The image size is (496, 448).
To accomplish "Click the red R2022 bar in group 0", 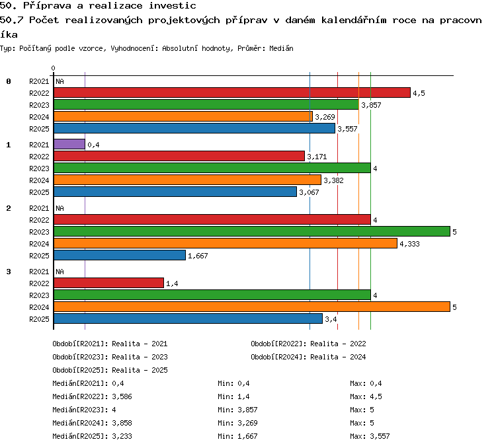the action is [x=232, y=93].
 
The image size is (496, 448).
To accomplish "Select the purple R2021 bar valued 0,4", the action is [x=69, y=145].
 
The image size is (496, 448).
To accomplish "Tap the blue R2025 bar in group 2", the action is [x=120, y=256].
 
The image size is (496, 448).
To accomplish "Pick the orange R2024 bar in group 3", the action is [x=252, y=307].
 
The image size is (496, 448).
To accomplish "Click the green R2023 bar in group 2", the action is [x=252, y=232].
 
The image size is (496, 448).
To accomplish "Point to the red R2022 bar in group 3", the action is [x=109, y=283].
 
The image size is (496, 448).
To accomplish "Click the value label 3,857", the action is [x=371, y=105].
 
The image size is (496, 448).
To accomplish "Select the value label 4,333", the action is [x=409, y=244].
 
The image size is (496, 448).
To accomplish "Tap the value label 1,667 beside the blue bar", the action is [x=198, y=256].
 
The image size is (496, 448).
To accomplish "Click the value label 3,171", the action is [x=317, y=157].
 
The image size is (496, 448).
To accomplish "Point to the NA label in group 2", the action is [x=60, y=208].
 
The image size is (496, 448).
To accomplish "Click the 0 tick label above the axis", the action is [x=53, y=68].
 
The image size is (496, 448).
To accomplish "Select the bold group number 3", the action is [x=9, y=272].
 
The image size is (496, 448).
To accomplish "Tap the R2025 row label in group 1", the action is [x=39, y=192].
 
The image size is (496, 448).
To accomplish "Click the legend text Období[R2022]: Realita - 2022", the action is [x=308, y=344].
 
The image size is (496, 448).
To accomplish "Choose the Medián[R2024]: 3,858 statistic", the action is [x=92, y=423].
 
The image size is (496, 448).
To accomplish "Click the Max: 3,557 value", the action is [x=370, y=436].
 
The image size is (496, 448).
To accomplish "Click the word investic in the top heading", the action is [x=173, y=6].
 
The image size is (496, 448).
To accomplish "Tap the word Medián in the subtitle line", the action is [x=281, y=48].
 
